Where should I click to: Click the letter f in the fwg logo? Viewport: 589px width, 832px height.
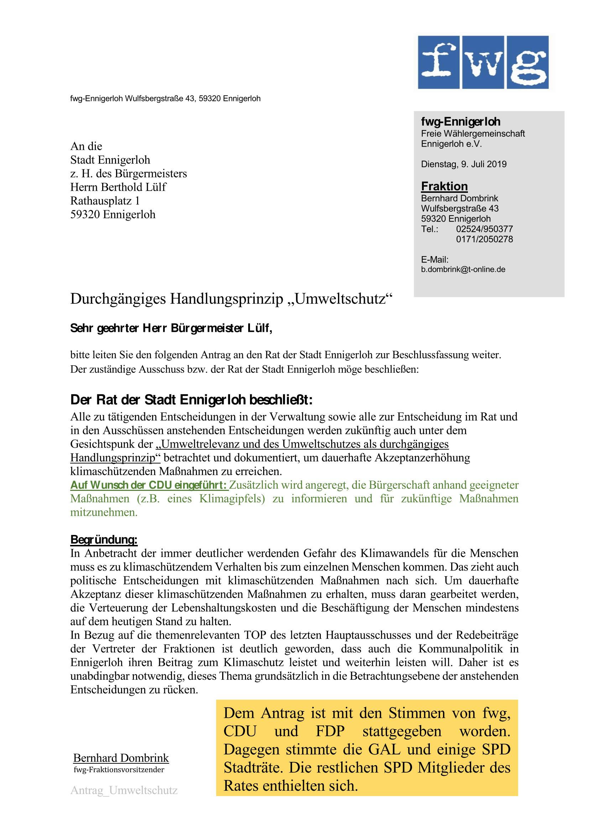pos(440,62)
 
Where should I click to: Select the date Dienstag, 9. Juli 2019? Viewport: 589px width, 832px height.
pos(464,164)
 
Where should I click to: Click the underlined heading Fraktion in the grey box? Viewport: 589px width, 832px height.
pos(444,186)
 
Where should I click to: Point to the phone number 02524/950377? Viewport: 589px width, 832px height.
pos(485,229)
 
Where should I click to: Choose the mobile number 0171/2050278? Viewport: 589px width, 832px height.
pos(485,239)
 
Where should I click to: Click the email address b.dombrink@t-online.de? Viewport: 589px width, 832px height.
pos(463,270)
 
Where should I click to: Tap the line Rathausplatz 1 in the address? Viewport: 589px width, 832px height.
pos(105,201)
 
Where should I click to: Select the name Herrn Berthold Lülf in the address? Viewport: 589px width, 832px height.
pos(118,187)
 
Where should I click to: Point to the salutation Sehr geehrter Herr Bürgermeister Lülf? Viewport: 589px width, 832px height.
pos(171,329)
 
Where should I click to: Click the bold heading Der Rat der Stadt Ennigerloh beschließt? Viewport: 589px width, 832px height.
pos(191,400)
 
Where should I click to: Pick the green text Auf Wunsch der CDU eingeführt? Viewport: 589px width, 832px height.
pos(149,485)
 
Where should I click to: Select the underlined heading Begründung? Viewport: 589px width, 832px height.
pos(104,540)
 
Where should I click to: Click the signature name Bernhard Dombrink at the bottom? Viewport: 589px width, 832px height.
pos(121,758)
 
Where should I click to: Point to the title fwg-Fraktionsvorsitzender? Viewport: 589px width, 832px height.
pos(119,769)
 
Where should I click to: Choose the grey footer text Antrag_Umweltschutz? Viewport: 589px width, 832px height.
pos(124,790)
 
